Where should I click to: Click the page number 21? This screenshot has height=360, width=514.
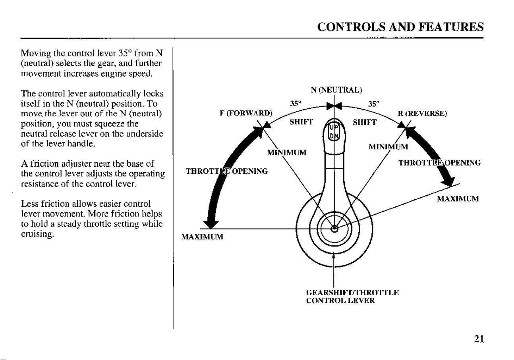[479, 339]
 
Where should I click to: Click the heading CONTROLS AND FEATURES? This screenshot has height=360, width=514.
[401, 27]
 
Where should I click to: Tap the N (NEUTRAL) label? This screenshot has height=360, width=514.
[336, 90]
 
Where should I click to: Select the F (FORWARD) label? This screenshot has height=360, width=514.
[246, 113]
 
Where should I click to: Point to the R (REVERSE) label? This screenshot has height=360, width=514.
[422, 114]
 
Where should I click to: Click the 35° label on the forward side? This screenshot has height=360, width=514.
[295, 104]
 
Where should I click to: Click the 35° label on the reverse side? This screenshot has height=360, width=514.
[373, 104]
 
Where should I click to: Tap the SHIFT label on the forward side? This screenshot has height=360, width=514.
[301, 122]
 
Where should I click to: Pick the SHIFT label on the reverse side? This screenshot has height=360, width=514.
[365, 122]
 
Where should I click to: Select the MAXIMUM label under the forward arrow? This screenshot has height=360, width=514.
[202, 237]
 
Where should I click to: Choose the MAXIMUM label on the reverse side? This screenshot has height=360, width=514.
[458, 198]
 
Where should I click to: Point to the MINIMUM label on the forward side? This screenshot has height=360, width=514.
[287, 152]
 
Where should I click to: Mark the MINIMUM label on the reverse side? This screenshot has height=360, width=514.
[388, 147]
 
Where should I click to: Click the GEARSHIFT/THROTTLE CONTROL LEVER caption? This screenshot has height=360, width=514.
[352, 296]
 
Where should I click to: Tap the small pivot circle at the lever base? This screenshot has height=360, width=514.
[334, 229]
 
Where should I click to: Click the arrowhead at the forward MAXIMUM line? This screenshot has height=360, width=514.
[211, 224]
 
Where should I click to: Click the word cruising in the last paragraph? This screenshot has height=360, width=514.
[38, 234]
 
